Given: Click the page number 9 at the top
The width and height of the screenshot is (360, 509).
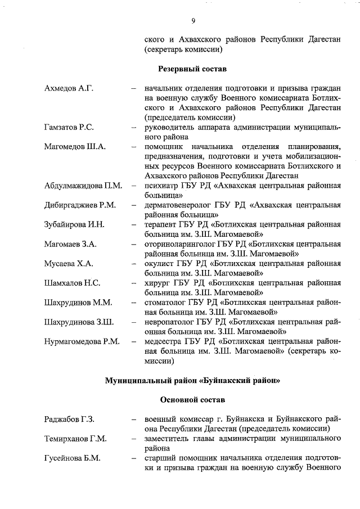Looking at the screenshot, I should (x=192, y=21).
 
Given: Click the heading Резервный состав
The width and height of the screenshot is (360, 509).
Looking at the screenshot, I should (x=191, y=69).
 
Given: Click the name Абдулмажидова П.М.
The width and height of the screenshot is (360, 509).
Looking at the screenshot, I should (x=83, y=186).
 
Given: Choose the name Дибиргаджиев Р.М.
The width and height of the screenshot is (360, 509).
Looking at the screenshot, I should (x=80, y=205).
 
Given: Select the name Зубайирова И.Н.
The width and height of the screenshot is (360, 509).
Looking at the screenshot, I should (x=74, y=225).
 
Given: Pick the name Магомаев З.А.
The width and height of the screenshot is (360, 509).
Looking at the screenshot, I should (x=70, y=244).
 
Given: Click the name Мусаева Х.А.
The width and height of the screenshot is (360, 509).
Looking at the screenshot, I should (x=69, y=263).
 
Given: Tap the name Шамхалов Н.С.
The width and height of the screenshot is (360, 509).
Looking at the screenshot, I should (x=72, y=283).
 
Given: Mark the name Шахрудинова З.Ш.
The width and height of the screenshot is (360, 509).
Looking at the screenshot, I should (x=79, y=322).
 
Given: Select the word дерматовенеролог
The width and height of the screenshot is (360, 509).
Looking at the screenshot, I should (x=177, y=205).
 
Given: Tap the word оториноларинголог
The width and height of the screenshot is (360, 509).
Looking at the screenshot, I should (x=178, y=244).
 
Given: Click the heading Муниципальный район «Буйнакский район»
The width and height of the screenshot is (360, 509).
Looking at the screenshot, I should (x=192, y=380).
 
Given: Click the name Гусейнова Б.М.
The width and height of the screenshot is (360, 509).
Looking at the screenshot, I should (x=72, y=458).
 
